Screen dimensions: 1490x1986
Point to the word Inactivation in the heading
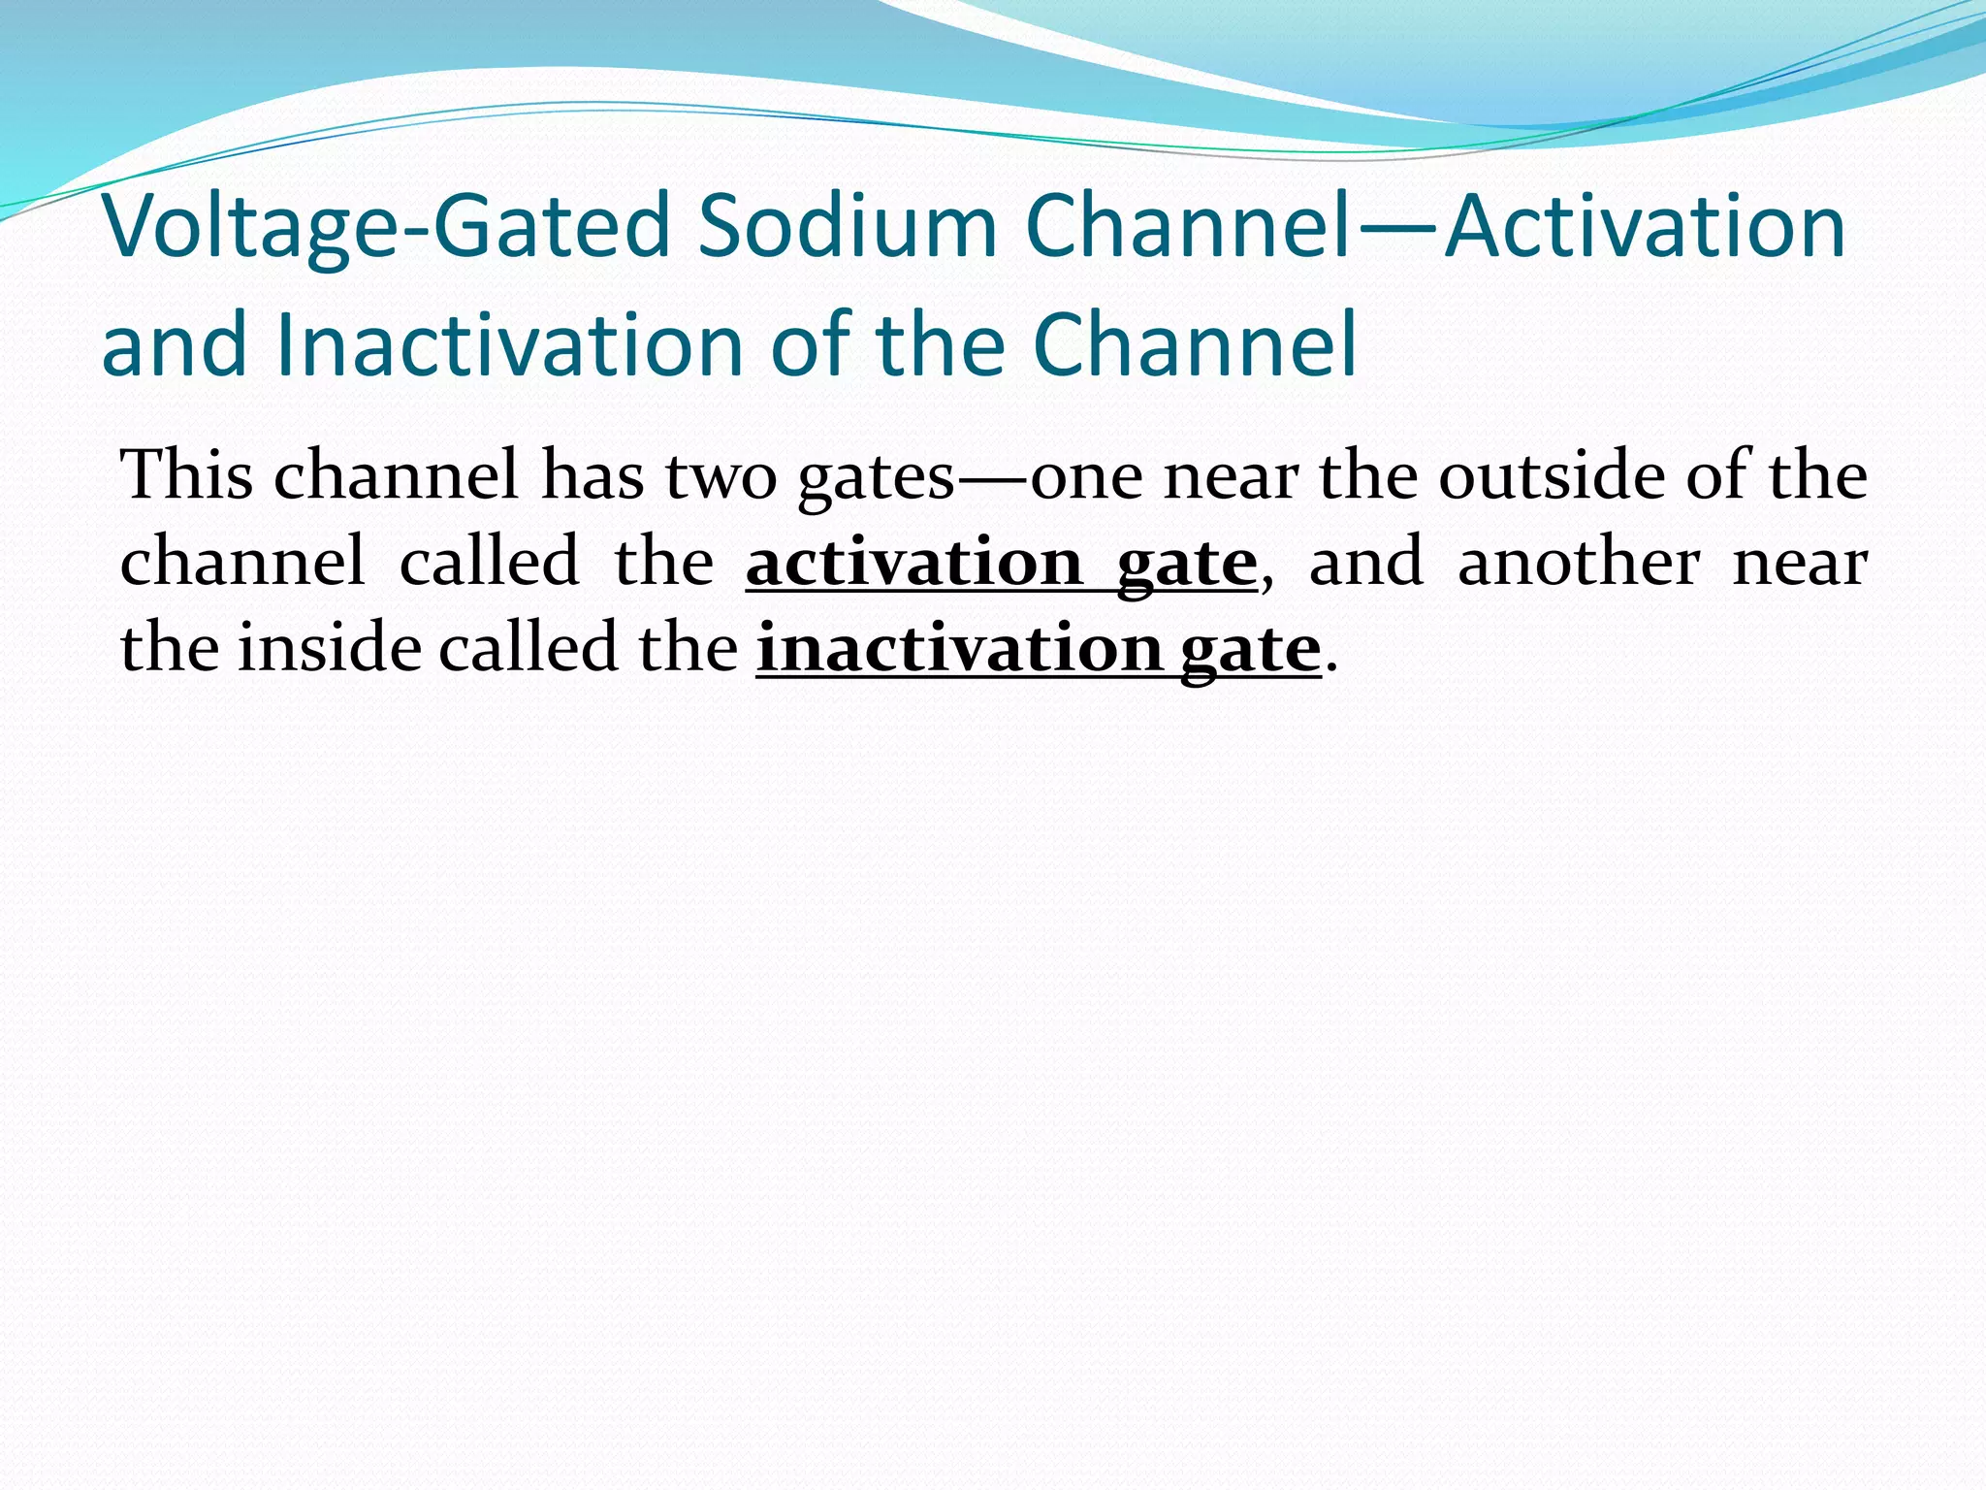coord(509,345)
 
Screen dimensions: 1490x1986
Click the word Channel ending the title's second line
coord(1194,345)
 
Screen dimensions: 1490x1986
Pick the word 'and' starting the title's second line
coord(175,347)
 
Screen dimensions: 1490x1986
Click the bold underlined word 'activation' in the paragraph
coord(914,563)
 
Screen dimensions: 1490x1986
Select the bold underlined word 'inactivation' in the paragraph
coord(958,648)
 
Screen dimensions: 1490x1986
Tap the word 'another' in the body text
coord(1578,563)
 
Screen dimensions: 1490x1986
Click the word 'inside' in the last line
coord(330,648)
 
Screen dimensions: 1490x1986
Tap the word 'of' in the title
coord(810,345)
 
